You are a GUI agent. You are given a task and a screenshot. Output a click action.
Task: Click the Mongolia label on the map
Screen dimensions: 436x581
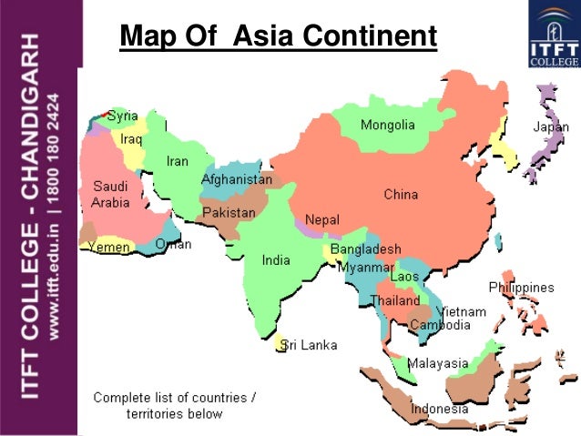tap(387, 125)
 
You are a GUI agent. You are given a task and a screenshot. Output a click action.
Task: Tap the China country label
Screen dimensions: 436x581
tap(401, 194)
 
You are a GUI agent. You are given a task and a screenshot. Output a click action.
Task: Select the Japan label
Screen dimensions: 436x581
tap(549, 128)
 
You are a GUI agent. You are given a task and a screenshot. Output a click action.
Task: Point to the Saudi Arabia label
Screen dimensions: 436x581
tap(110, 193)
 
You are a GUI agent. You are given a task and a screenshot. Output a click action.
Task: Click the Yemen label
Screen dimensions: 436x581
tap(108, 247)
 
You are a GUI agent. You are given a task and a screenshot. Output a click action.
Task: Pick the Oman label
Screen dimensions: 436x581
tap(173, 244)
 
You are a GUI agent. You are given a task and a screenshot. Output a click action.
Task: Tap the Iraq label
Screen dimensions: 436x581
tap(132, 139)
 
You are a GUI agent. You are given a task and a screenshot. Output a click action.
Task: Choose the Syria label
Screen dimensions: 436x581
tap(123, 116)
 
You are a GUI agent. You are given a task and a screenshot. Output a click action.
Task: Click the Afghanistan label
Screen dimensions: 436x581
tap(236, 180)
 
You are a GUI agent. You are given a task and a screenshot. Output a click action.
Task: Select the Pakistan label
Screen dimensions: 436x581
tap(229, 212)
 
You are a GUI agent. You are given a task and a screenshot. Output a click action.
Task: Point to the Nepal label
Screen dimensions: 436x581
tap(321, 219)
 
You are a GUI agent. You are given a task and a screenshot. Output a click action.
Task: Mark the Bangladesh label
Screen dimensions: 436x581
tap(365, 248)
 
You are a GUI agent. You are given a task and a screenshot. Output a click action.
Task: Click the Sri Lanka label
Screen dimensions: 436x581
tap(309, 345)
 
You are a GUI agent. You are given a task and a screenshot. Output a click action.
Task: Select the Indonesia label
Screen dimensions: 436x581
tap(439, 409)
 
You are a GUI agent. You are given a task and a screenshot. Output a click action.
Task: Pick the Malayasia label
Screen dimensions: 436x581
tap(437, 363)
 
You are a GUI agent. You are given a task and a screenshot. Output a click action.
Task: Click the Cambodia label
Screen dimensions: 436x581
tap(440, 325)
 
